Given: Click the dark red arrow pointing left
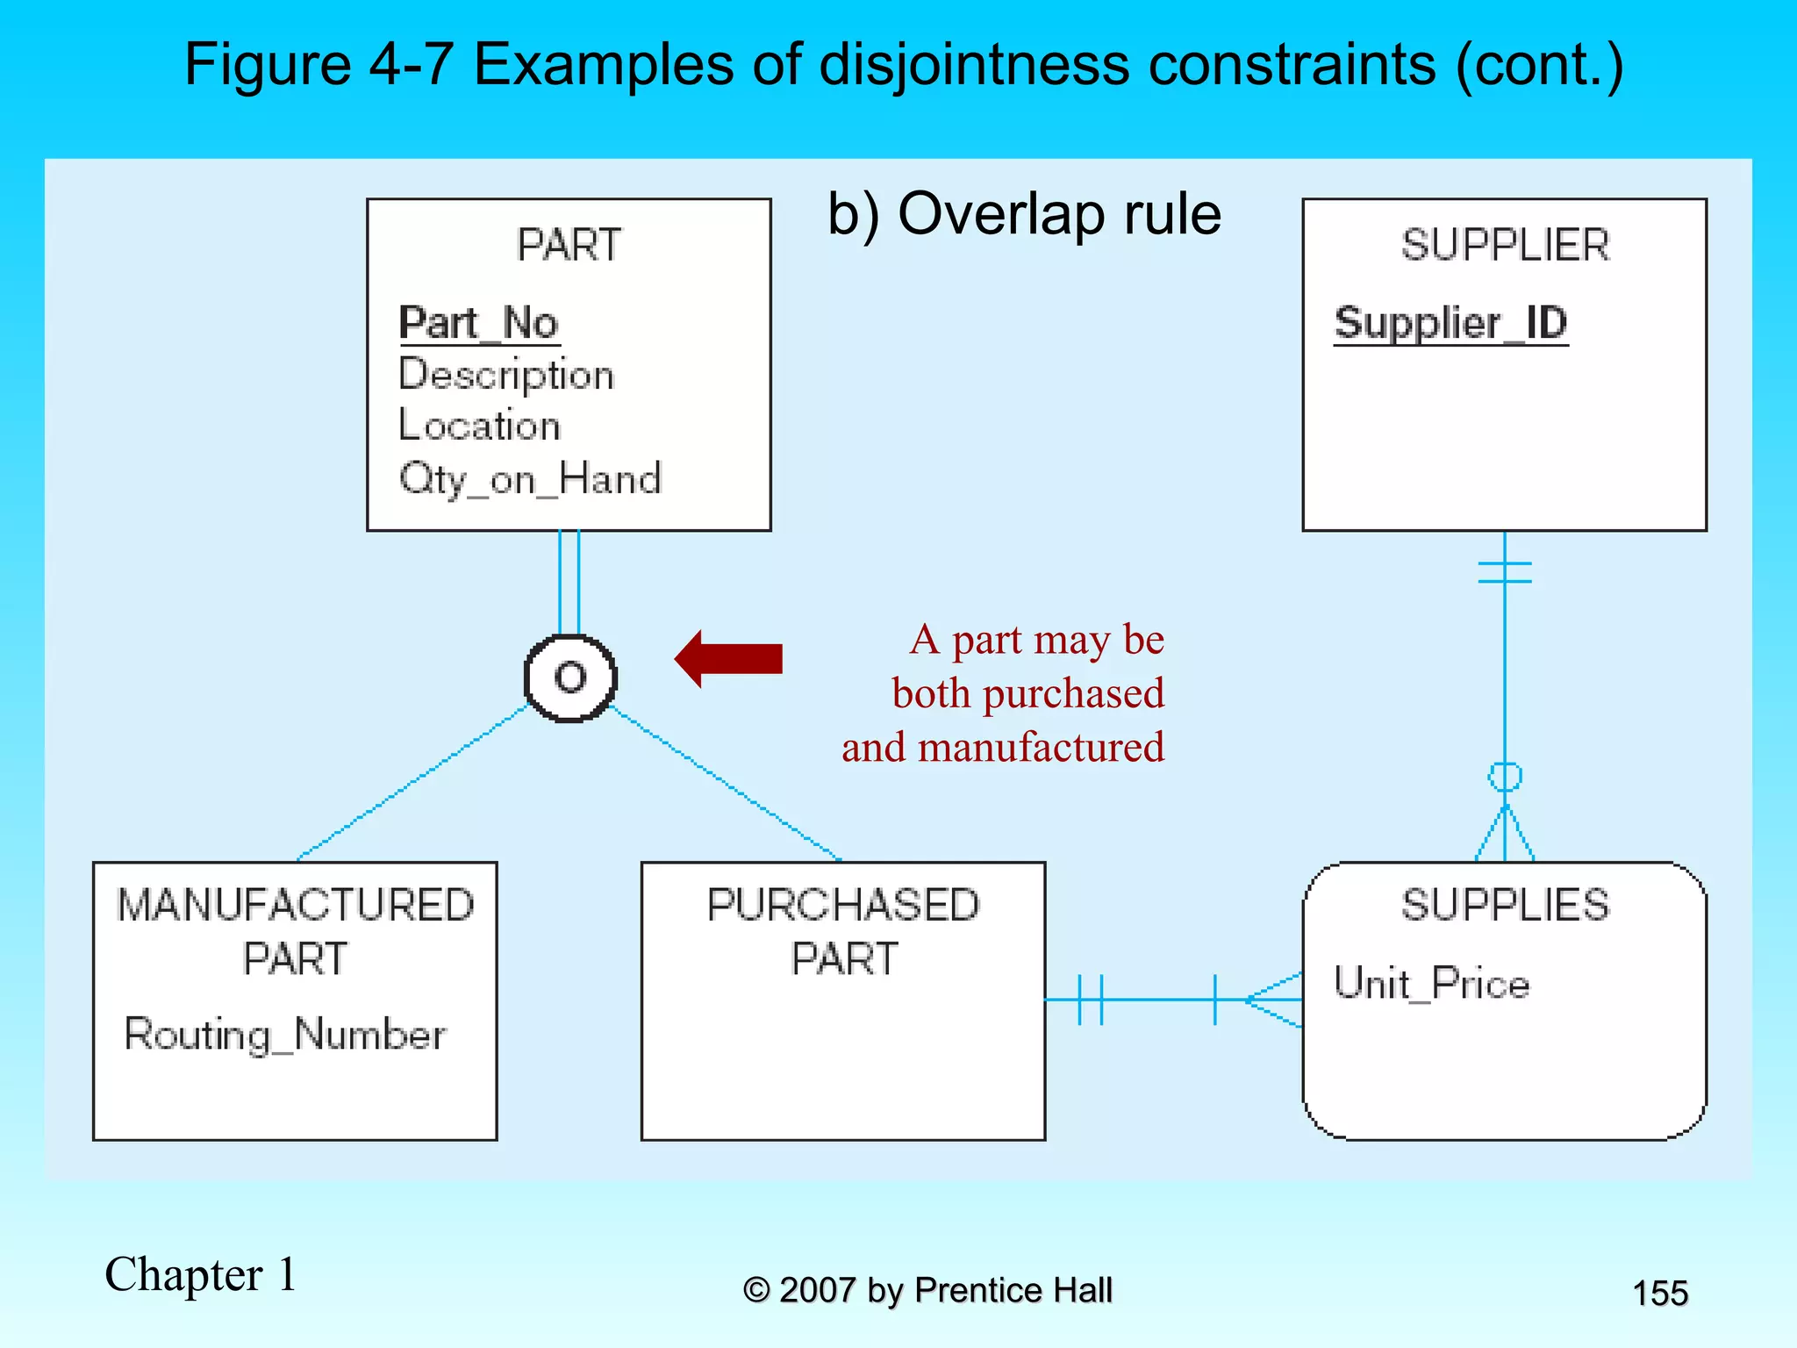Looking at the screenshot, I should [728, 658].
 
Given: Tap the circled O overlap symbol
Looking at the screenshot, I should [570, 678].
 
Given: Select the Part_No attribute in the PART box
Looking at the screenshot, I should [479, 323].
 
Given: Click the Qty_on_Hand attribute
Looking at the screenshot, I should [530, 479].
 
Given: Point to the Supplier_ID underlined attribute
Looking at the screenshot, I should [1450, 323].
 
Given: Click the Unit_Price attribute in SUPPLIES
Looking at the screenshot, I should [1431, 983].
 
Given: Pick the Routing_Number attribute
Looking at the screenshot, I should [285, 1034].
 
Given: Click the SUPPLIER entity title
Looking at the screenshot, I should [1505, 245].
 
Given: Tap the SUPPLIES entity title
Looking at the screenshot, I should [1505, 905].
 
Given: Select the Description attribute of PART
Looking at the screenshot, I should [506, 375].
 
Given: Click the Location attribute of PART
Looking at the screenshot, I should [479, 426].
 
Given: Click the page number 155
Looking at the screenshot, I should [1659, 1294].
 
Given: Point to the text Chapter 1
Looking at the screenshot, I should [200, 1274].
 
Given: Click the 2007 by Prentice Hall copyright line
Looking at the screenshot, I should [927, 1291].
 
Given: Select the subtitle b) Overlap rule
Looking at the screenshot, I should [1024, 214].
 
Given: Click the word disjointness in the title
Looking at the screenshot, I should [974, 65].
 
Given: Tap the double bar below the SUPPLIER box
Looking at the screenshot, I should [1505, 572].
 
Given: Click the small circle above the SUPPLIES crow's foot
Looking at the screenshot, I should [1505, 777].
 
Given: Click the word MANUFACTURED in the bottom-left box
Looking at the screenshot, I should [296, 905].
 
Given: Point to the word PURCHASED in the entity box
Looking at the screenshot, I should [843, 905].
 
